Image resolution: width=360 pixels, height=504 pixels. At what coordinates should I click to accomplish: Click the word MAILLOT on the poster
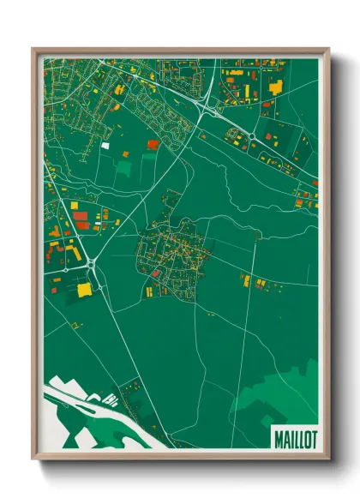295,439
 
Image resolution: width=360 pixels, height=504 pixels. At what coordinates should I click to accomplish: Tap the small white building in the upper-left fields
105,146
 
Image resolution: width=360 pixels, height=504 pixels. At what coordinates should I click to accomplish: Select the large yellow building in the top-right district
276,87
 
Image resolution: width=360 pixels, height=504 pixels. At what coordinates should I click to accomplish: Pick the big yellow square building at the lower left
84,290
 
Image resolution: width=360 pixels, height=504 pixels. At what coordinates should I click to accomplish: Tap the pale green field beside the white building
123,166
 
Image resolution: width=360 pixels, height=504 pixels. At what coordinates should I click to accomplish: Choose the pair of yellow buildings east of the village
246,279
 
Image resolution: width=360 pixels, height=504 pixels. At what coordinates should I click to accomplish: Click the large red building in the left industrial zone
81,216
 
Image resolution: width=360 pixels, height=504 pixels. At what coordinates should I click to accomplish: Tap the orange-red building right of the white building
153,144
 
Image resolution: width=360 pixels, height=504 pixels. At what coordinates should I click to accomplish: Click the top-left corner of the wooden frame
34,49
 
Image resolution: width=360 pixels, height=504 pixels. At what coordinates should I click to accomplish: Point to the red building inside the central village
157,273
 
